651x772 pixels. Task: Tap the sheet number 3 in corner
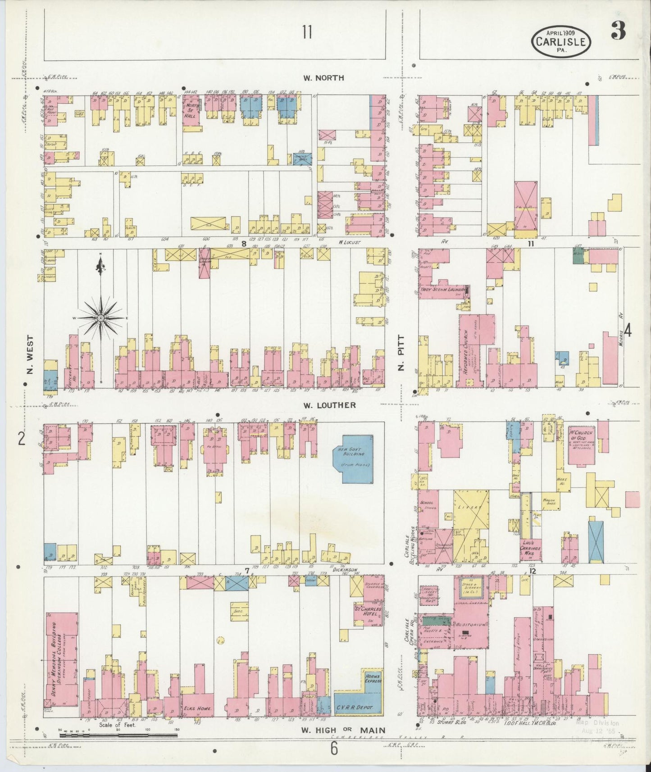[x=618, y=32]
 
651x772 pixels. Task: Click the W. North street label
[x=323, y=78]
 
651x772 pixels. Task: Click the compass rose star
[x=100, y=318]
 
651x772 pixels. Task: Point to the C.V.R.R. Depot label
[x=355, y=708]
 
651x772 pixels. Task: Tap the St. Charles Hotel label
[x=368, y=613]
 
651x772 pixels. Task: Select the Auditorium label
[x=470, y=625]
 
